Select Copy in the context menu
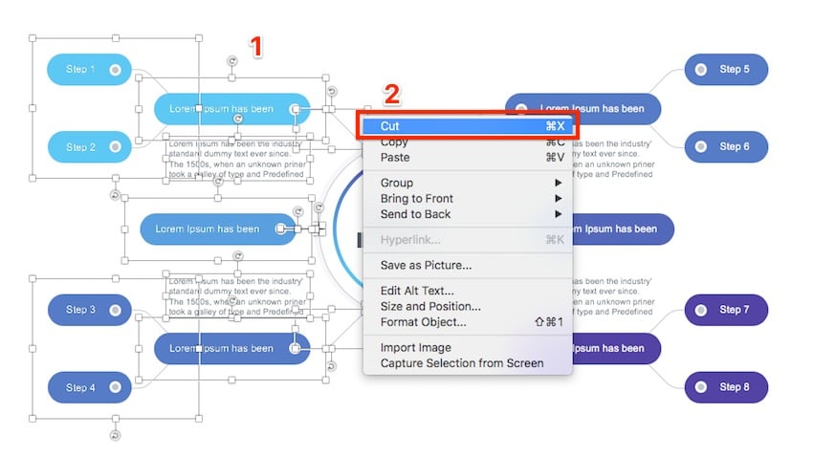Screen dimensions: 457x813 coord(394,142)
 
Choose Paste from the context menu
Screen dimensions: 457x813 coord(395,158)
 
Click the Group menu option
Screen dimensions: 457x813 coord(397,183)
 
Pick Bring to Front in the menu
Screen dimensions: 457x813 coord(416,199)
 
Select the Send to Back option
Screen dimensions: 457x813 coord(415,214)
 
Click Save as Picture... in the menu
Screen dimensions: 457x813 coord(426,265)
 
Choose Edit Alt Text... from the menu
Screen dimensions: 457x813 coord(417,291)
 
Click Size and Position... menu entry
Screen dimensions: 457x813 coord(430,306)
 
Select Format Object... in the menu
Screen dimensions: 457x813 coord(423,322)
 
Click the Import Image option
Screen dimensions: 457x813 coord(415,348)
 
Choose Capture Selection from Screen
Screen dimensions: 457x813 coord(461,363)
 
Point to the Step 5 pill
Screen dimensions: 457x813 coord(726,69)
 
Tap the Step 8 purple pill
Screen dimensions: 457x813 coord(726,387)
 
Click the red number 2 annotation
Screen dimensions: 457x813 coord(391,94)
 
